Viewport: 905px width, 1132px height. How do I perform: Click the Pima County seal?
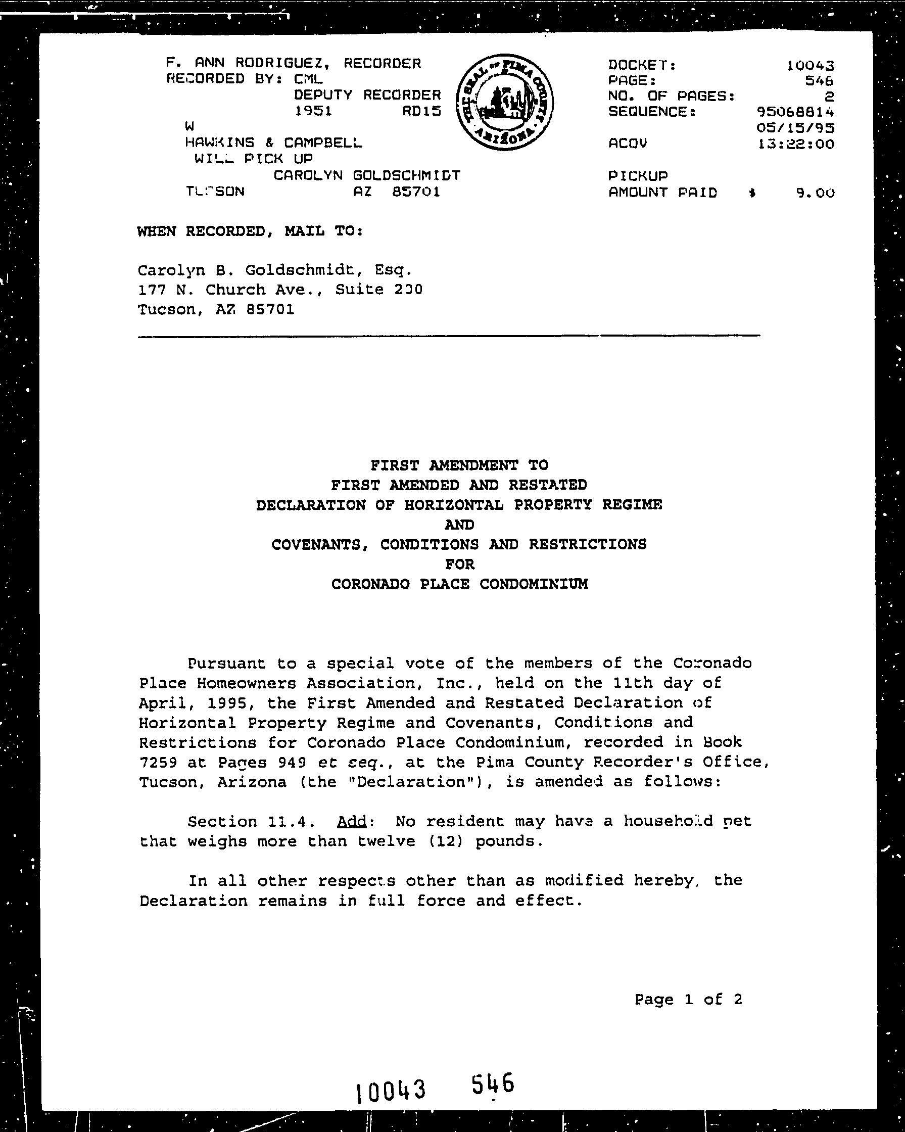504,102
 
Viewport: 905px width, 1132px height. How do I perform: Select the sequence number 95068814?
795,112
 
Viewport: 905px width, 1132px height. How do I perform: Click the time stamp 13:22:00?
796,144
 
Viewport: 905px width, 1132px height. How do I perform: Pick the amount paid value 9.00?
815,193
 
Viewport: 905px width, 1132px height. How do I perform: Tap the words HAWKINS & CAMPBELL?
273,143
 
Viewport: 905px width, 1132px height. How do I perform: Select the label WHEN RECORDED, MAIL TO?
250,231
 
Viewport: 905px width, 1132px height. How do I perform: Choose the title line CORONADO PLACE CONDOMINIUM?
459,584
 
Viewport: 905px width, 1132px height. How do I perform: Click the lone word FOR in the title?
459,564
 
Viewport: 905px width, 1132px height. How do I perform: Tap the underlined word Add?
352,821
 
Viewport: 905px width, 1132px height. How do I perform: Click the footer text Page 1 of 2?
688,999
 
